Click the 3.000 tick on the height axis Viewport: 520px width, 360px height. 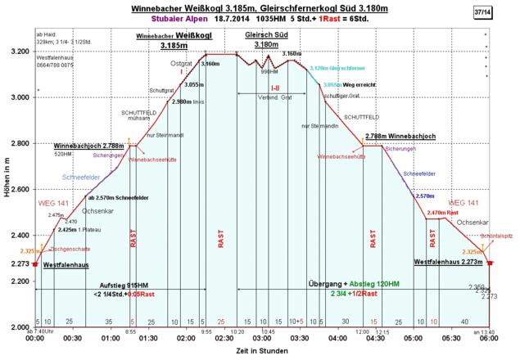[20, 97]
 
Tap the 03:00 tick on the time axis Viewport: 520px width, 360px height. [262, 337]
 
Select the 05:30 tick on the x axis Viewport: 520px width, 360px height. [451, 337]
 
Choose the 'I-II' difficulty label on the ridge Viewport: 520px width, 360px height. [275, 88]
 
